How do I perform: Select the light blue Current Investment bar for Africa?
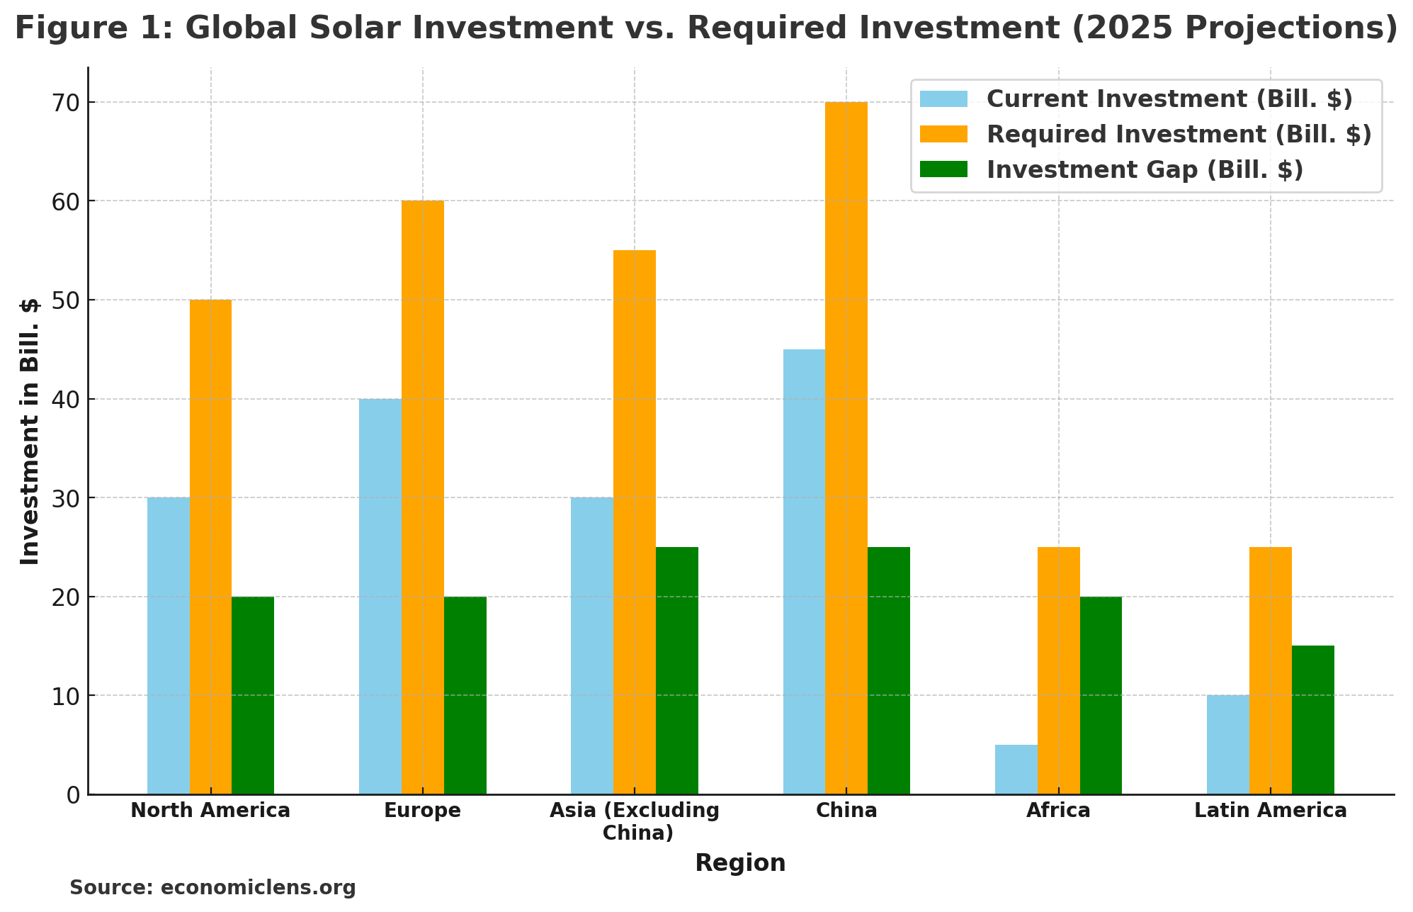click(x=1016, y=770)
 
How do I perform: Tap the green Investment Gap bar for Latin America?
click(x=1312, y=720)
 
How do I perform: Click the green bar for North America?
click(x=253, y=695)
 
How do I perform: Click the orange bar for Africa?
click(x=1058, y=670)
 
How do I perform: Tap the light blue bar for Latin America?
click(x=1227, y=745)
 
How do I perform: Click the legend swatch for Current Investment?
click(x=943, y=99)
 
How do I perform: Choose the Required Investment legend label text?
click(x=1179, y=135)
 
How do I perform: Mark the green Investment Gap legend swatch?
click(x=943, y=170)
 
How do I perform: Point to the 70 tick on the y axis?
click(x=65, y=103)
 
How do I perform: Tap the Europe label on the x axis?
click(x=422, y=811)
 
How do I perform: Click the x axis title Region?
click(x=740, y=863)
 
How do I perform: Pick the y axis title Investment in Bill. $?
click(x=30, y=431)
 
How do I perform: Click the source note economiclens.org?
click(x=212, y=888)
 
